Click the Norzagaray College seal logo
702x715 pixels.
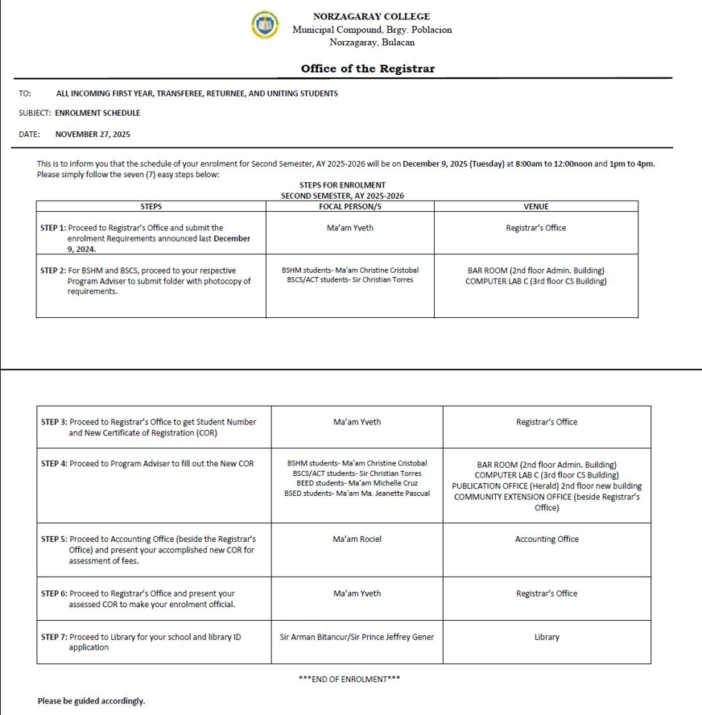point(265,25)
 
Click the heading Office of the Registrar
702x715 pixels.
point(367,68)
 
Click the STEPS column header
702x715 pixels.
point(151,207)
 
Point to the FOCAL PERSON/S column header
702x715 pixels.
point(350,207)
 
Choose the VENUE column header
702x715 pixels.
point(535,207)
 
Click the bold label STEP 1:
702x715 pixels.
point(53,229)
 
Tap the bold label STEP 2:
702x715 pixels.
point(53,271)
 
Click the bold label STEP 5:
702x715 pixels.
point(54,539)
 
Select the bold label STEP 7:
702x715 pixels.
point(54,638)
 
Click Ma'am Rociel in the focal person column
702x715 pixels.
point(357,539)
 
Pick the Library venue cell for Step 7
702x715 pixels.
point(547,638)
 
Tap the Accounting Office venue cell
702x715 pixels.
point(547,539)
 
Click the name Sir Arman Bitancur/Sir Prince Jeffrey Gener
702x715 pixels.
point(357,638)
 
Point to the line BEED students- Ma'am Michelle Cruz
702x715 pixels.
point(357,484)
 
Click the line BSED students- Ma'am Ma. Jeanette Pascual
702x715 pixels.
point(357,494)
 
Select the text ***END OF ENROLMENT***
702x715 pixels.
point(349,680)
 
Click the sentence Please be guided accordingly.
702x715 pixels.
point(91,701)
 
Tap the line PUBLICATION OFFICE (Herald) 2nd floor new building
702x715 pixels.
point(547,486)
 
